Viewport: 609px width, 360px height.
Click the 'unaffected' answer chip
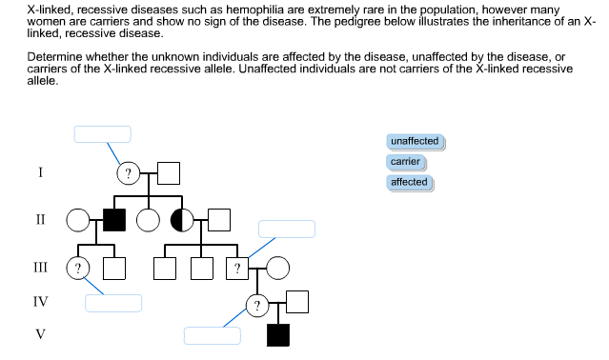click(x=415, y=141)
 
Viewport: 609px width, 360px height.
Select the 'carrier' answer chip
click(x=405, y=162)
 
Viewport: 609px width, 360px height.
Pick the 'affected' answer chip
click(x=409, y=182)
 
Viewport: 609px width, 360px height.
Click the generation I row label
click(x=40, y=172)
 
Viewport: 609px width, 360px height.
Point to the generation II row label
click(x=40, y=219)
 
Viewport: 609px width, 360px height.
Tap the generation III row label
click(x=40, y=267)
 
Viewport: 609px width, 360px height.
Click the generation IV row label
click(x=40, y=302)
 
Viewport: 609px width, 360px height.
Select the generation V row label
click(x=40, y=334)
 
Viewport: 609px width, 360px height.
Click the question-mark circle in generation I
click(x=128, y=173)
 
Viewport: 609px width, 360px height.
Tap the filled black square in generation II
click(x=114, y=220)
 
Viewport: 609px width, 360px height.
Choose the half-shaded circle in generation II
click(x=181, y=220)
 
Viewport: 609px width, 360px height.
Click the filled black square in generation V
click(x=278, y=335)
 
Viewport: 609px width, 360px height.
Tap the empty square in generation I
click(x=169, y=173)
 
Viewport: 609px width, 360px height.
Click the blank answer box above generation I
click(x=103, y=134)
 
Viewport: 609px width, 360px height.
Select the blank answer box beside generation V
click(x=212, y=335)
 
